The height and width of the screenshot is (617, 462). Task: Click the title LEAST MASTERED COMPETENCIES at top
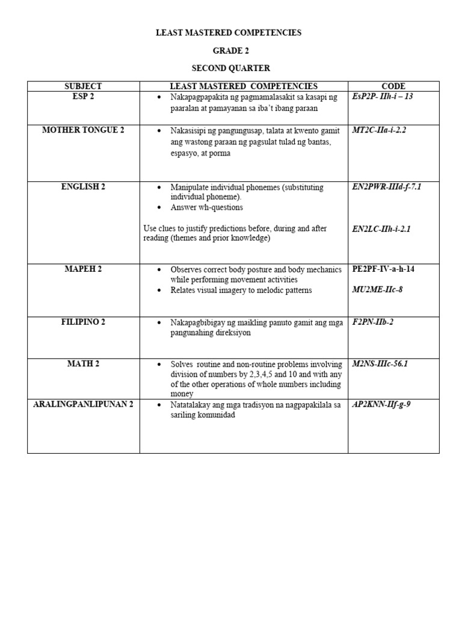pyautogui.click(x=229, y=33)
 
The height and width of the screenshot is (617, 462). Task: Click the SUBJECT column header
pyautogui.click(x=83, y=86)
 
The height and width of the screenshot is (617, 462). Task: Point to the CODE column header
pyautogui.click(x=393, y=86)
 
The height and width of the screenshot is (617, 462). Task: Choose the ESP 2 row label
pyautogui.click(x=83, y=96)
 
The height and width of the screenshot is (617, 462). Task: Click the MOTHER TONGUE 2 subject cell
pyautogui.click(x=83, y=130)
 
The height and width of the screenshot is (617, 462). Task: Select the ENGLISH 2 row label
pyautogui.click(x=83, y=187)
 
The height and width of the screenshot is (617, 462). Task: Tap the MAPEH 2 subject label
pyautogui.click(x=83, y=269)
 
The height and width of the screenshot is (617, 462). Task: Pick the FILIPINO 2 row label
pyautogui.click(x=83, y=322)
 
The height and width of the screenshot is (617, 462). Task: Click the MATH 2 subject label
pyautogui.click(x=83, y=363)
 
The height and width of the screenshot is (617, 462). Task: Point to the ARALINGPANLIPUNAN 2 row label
pyautogui.click(x=83, y=404)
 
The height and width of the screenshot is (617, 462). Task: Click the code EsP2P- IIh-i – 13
pyautogui.click(x=383, y=96)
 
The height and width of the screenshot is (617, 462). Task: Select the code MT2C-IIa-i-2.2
pyautogui.click(x=379, y=130)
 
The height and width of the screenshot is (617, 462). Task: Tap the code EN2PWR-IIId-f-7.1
pyautogui.click(x=386, y=187)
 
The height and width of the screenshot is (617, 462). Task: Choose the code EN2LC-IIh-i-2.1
pyautogui.click(x=381, y=229)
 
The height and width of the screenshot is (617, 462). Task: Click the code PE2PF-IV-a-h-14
pyautogui.click(x=383, y=269)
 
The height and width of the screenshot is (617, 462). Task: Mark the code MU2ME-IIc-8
pyautogui.click(x=377, y=290)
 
